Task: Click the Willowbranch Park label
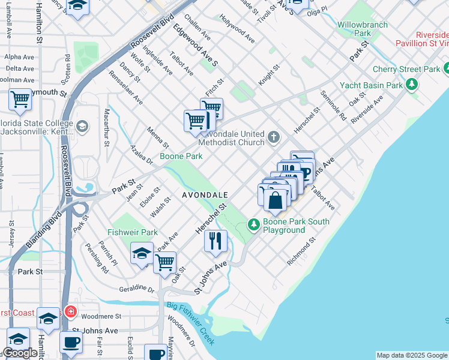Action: point(363,29)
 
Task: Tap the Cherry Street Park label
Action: point(406,70)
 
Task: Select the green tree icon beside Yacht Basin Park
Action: point(412,85)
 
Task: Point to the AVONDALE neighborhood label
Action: point(205,196)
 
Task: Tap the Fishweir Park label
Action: point(132,232)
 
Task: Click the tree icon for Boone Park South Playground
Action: point(254,225)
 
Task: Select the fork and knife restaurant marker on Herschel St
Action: point(215,241)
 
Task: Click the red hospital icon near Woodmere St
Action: point(70,312)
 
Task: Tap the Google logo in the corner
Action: point(20,353)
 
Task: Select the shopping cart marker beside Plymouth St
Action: point(20,99)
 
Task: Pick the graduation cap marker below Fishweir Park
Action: point(142,253)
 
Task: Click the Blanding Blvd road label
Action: point(43,230)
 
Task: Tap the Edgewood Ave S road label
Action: point(195,45)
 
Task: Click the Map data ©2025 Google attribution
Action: point(411,355)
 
